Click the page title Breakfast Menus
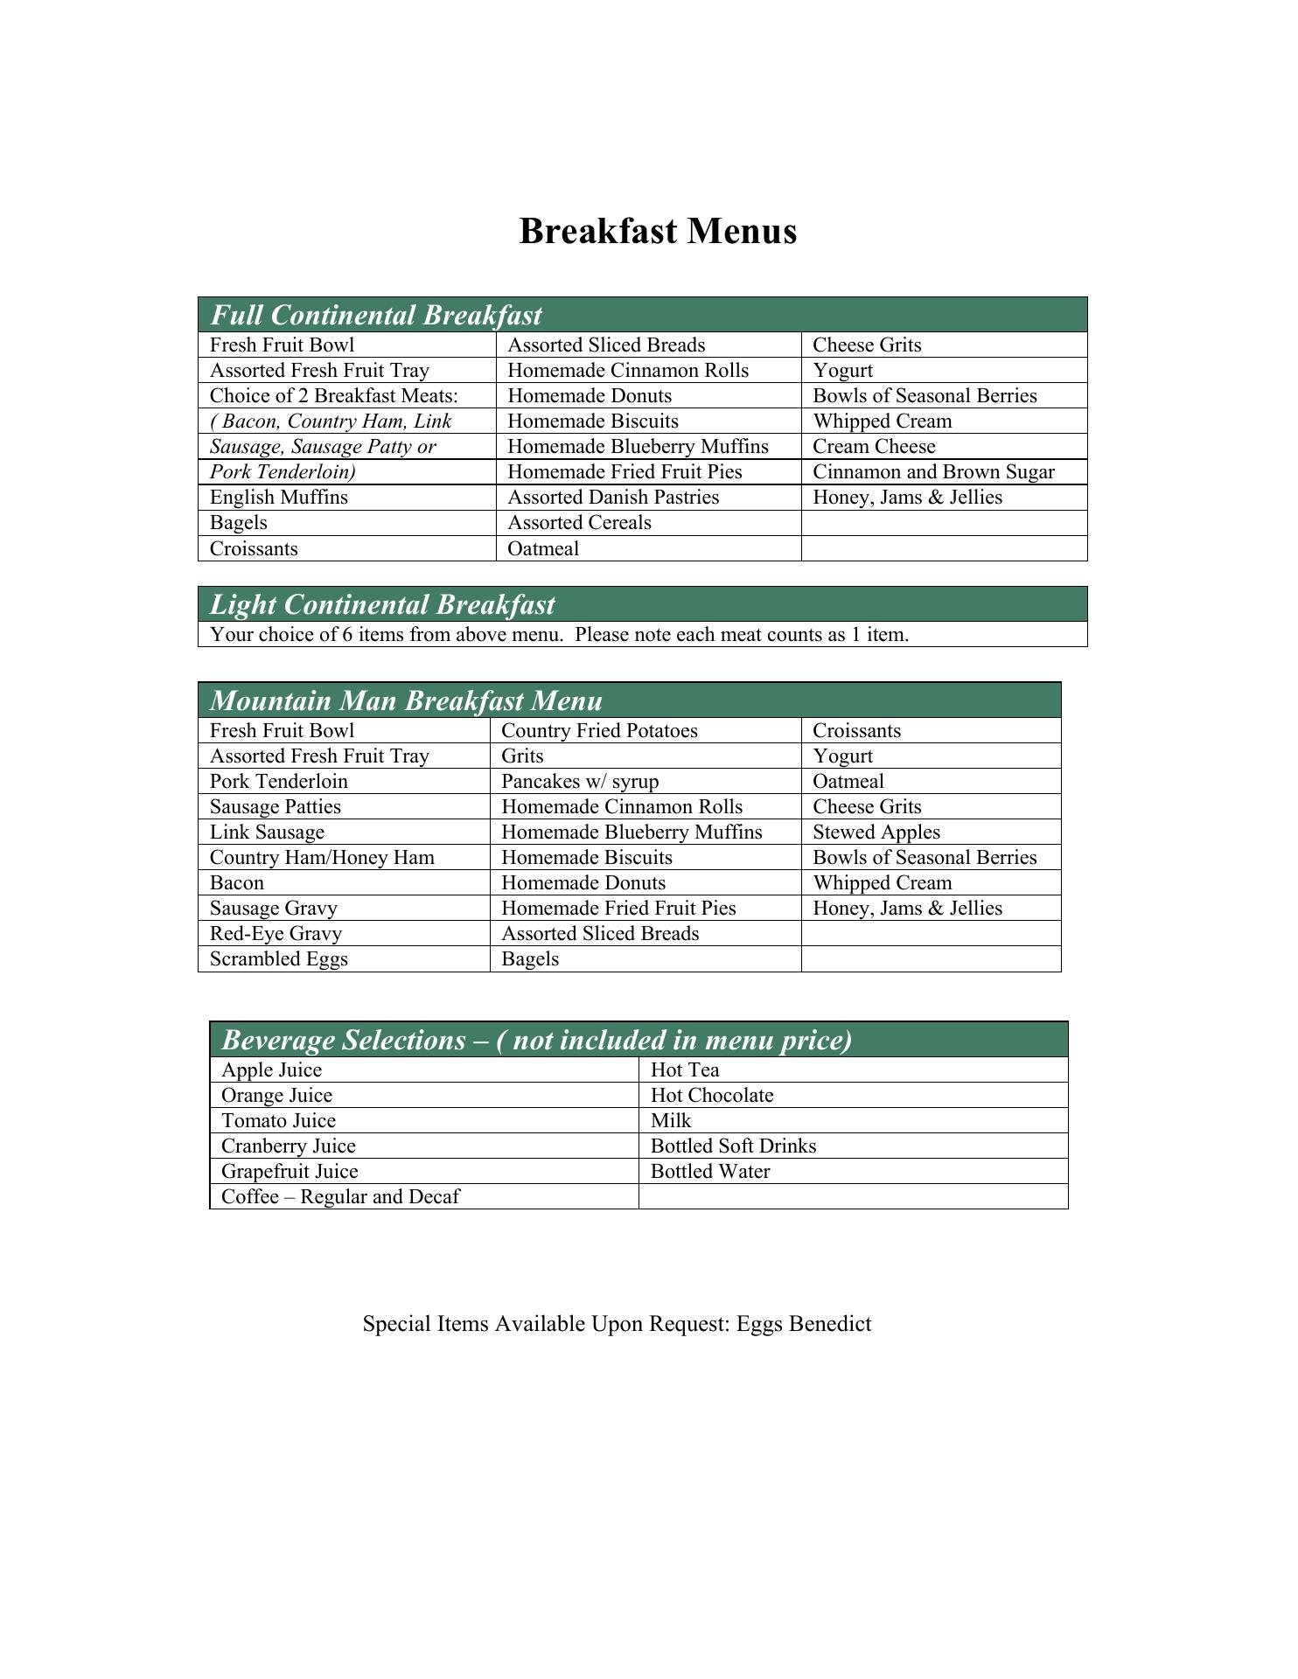(x=657, y=232)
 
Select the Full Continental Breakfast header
(x=376, y=315)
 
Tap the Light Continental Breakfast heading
(x=382, y=604)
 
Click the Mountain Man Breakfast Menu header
(x=406, y=700)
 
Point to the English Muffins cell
(x=279, y=498)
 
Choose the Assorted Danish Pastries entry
(x=613, y=498)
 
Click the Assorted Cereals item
(x=579, y=523)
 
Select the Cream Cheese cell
(x=874, y=447)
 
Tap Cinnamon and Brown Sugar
(x=933, y=472)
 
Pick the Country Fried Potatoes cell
(x=599, y=731)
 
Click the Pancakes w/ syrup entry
(x=580, y=782)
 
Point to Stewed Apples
(x=876, y=833)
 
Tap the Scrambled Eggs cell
(x=279, y=959)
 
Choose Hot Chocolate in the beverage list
(x=712, y=1096)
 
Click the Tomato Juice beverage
(x=278, y=1121)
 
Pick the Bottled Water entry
(x=710, y=1172)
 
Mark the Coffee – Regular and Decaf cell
(x=340, y=1197)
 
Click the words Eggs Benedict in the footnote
(x=804, y=1324)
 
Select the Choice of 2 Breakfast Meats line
(x=334, y=396)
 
